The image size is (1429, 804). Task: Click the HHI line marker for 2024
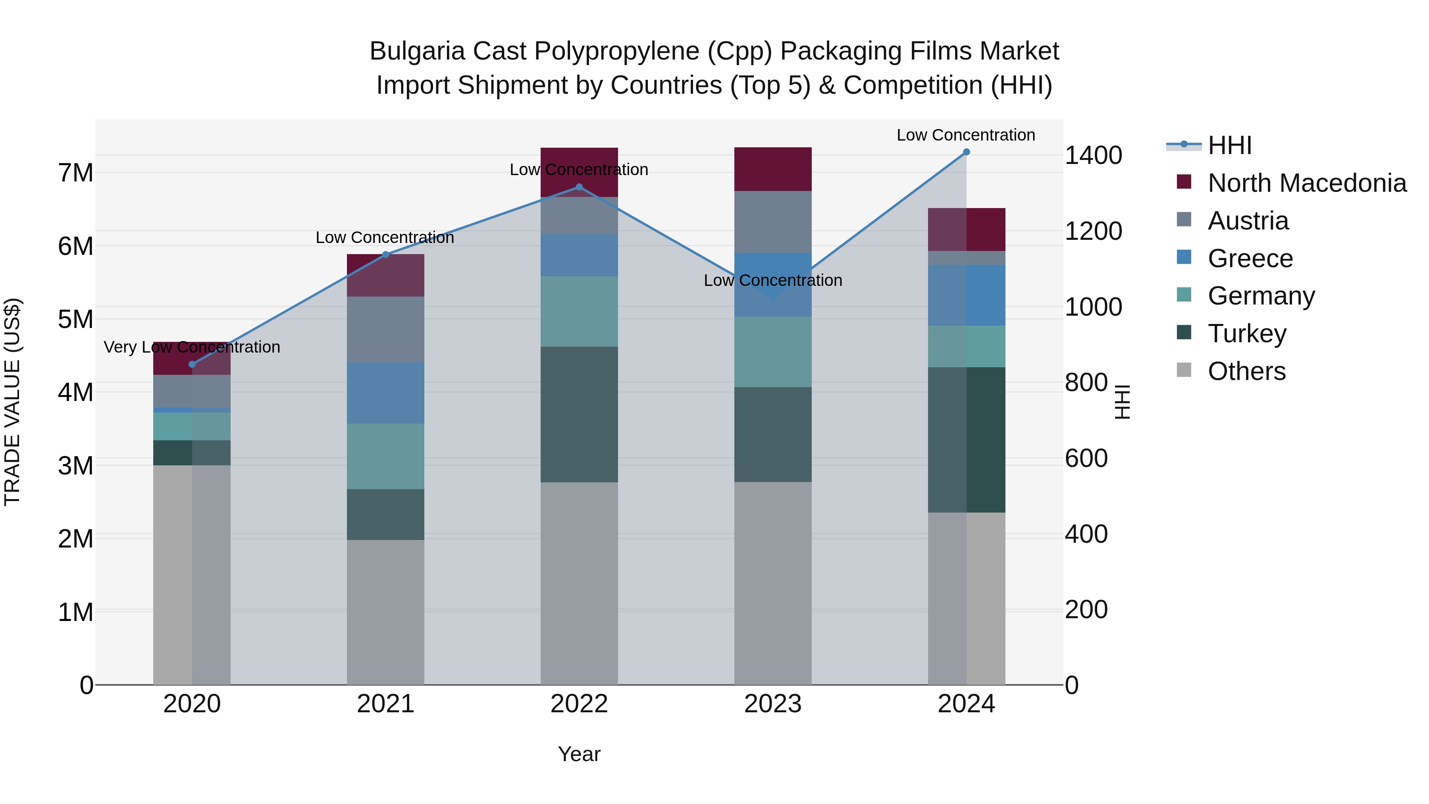point(966,152)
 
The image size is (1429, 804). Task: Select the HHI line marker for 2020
point(192,364)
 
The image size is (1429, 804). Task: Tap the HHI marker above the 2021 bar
point(385,255)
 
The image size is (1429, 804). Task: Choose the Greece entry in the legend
point(1250,258)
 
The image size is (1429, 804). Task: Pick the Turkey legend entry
point(1246,334)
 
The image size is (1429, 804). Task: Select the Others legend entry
point(1246,371)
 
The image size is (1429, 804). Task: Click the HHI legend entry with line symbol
point(1229,145)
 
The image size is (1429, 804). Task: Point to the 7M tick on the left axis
point(75,173)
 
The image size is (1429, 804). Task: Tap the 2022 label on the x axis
point(579,704)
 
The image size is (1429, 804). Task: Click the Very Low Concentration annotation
point(192,347)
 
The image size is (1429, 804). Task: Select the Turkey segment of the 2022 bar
point(579,414)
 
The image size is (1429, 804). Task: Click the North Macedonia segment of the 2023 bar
point(773,169)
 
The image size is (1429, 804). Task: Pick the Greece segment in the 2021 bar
point(385,393)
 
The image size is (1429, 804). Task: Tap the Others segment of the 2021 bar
point(385,611)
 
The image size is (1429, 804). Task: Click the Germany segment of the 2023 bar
point(773,352)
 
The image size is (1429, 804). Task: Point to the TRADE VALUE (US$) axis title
point(12,402)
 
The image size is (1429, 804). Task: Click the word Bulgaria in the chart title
point(417,52)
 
